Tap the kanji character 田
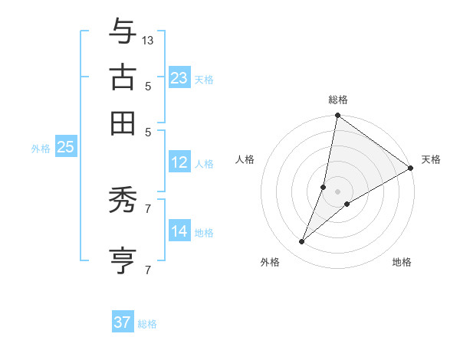click(x=123, y=123)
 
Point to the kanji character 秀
click(x=123, y=201)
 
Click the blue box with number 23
click(x=179, y=78)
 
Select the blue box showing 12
click(x=179, y=162)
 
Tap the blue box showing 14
click(x=179, y=231)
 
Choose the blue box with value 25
click(x=65, y=148)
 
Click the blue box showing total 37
click(x=122, y=322)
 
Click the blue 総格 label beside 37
click(x=147, y=324)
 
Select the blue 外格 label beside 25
click(x=40, y=149)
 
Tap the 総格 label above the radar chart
click(x=338, y=100)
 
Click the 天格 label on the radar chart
click(x=431, y=159)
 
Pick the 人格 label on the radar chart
click(x=245, y=159)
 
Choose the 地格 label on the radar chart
click(x=402, y=263)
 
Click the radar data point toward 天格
click(x=411, y=168)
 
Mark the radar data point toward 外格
click(x=302, y=242)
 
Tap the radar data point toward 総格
click(x=337, y=116)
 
